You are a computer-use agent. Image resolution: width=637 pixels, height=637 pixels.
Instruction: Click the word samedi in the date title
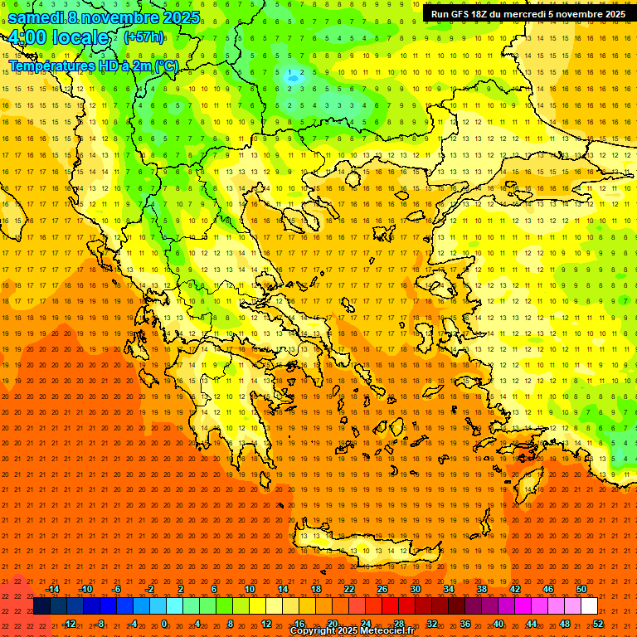[x=37, y=17]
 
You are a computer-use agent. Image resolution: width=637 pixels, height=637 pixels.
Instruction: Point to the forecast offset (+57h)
[x=143, y=37]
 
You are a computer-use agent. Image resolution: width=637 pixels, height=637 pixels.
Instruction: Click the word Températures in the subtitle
[x=51, y=66]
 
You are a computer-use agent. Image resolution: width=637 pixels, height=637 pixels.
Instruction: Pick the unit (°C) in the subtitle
[x=166, y=66]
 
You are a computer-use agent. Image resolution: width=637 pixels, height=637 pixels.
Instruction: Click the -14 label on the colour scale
[x=52, y=589]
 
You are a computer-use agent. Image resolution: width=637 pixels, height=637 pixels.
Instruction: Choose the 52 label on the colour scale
[x=599, y=624]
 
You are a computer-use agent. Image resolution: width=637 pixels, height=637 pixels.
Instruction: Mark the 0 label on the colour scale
[x=164, y=624]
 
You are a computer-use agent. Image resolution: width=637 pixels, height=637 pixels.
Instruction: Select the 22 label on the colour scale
[x=349, y=589]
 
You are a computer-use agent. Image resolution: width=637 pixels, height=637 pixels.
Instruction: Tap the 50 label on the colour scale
[x=581, y=589]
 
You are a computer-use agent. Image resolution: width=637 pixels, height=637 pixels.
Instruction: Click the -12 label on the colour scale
[x=69, y=624]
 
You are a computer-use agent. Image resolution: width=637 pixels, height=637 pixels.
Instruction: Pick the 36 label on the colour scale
[x=465, y=624]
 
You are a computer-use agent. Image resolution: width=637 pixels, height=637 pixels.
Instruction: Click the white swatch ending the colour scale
[x=589, y=606]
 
